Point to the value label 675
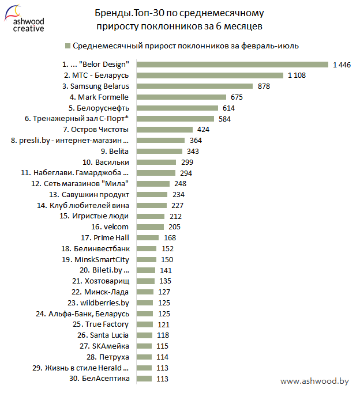pyautogui.click(x=237, y=97)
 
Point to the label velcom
pyautogui.click(x=115, y=227)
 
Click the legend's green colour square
pyautogui.click(x=69, y=46)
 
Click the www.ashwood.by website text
pyautogui.click(x=314, y=381)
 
